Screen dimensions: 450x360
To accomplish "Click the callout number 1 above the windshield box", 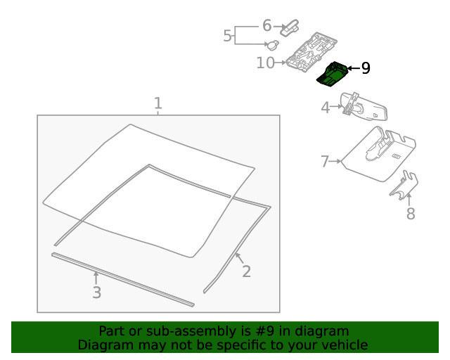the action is [158, 103].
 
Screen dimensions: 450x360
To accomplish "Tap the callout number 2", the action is [247, 271].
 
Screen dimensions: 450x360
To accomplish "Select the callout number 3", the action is [97, 292].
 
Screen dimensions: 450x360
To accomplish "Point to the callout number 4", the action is [325, 108].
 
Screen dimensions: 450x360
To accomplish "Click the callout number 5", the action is [227, 36].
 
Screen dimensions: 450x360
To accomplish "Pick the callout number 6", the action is [267, 25].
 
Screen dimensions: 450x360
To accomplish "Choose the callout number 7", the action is [325, 161].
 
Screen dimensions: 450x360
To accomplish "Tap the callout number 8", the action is [411, 214].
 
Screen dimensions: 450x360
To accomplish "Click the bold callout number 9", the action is [366, 68].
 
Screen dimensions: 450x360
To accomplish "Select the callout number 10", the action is [266, 63].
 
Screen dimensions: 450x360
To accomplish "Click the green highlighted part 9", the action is [332, 74].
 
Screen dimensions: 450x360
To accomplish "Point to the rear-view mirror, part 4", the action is [364, 106].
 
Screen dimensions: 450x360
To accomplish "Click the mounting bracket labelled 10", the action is [311, 51].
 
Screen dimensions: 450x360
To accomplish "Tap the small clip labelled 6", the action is [290, 28].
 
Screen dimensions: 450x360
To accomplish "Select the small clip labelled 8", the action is [404, 185].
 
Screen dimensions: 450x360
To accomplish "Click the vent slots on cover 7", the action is [397, 156].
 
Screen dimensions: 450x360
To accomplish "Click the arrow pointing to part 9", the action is [354, 68].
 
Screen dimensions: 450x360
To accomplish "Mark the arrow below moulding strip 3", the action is [96, 278].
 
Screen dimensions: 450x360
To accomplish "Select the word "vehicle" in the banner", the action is [348, 345].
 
